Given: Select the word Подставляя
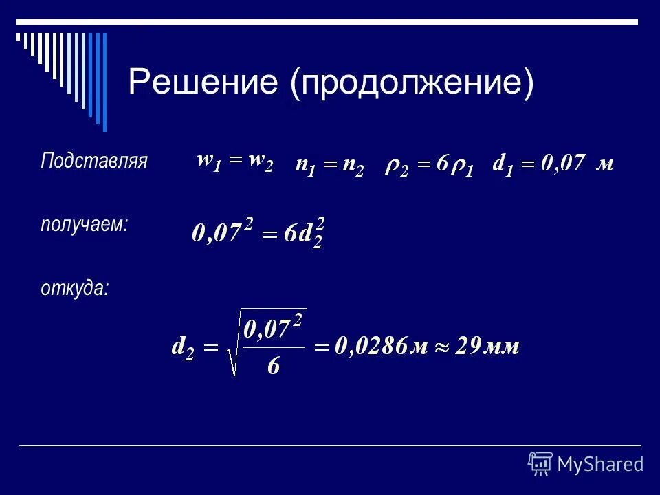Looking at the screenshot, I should point(94,162).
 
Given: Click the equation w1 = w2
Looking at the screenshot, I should point(235,162).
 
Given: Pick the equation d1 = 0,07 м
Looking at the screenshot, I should point(553,165).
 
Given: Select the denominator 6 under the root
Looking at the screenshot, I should point(273,366).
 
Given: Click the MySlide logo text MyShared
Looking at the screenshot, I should point(600,464).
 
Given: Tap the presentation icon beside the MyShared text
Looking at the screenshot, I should point(540,463).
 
